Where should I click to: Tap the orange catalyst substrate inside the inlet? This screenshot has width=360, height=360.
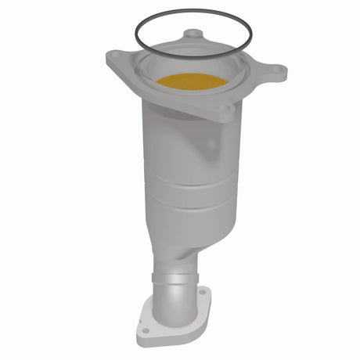point(191,80)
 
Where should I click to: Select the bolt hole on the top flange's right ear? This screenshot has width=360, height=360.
point(275,69)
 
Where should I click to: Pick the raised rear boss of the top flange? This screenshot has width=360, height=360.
point(193,35)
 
